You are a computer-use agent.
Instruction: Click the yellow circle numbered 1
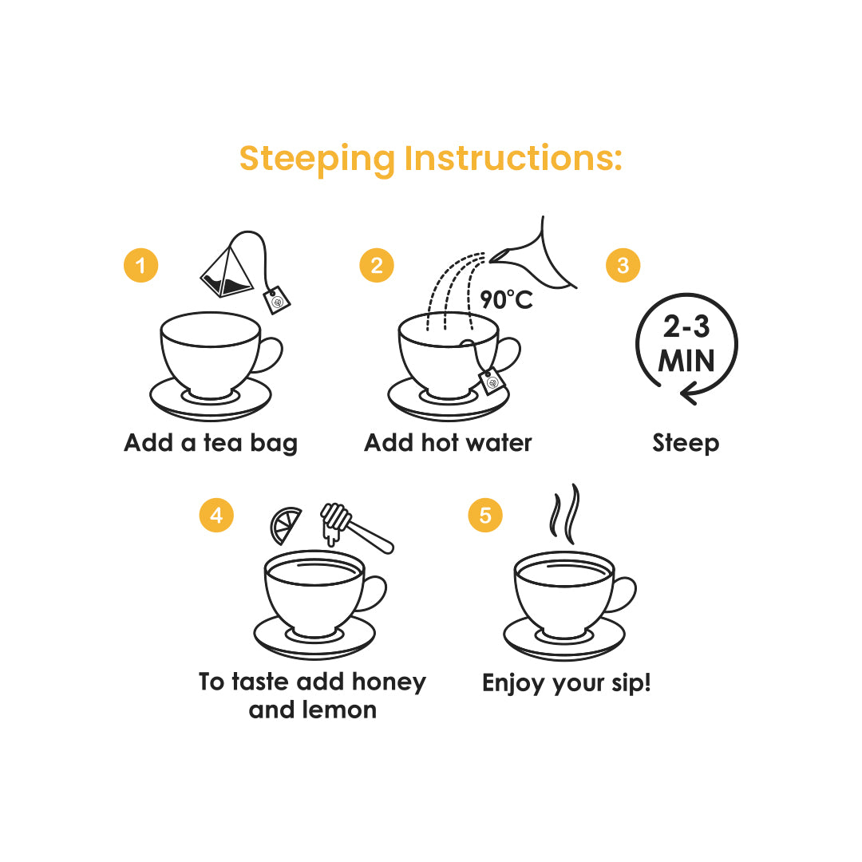tap(141, 265)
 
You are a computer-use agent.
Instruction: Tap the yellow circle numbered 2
tap(377, 265)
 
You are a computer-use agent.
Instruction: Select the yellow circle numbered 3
tap(623, 265)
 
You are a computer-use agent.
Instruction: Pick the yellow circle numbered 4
tap(216, 516)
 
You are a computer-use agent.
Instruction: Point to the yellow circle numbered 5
tap(485, 516)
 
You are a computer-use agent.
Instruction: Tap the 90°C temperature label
tap(506, 300)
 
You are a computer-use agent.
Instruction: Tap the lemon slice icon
tap(286, 524)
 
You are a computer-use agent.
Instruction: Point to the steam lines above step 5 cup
tap(564, 512)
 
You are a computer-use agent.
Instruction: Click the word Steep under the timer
tap(686, 443)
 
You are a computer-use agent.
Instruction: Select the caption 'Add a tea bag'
tap(211, 443)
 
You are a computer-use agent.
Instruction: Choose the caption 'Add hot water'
tap(448, 443)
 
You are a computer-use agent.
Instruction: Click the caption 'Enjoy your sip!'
tap(566, 683)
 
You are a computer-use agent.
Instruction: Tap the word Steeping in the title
tap(317, 158)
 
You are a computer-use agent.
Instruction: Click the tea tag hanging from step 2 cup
tap(492, 382)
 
